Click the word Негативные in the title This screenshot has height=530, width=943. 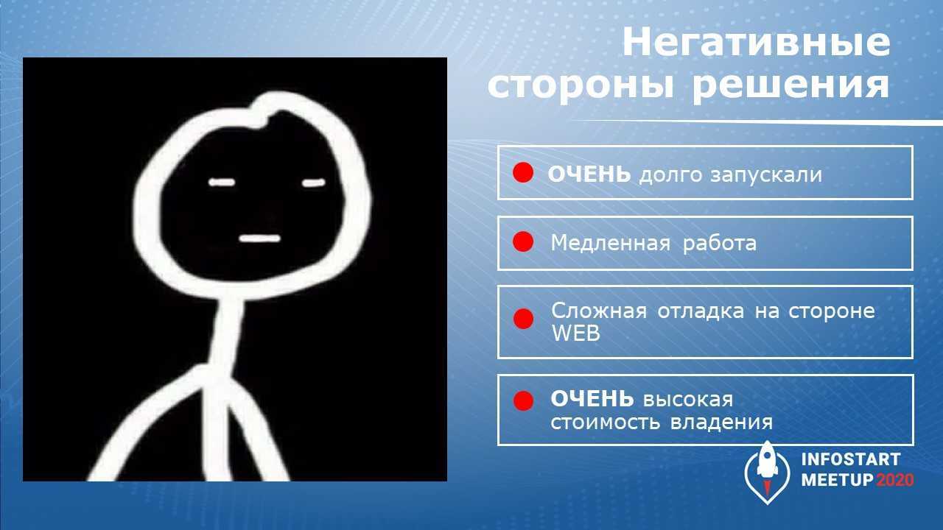tap(756, 43)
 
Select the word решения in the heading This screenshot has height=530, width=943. tap(791, 85)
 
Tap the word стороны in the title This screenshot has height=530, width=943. tap(581, 85)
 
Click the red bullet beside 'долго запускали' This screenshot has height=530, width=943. tap(523, 172)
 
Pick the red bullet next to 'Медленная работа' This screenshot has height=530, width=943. tap(523, 242)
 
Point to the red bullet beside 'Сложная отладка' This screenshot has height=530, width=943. tap(523, 319)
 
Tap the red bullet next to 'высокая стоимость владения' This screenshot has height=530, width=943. tap(523, 400)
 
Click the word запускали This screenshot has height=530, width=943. tap(766, 175)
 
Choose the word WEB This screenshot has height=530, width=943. tap(576, 333)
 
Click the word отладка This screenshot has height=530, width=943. tap(701, 311)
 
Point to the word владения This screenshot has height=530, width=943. tap(721, 423)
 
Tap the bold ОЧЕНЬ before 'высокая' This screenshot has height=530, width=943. tap(592, 399)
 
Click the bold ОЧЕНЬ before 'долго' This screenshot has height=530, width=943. tap(589, 174)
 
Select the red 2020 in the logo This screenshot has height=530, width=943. tap(894, 480)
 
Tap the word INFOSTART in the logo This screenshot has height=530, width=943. tap(850, 459)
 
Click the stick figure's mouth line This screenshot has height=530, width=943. tap(260, 239)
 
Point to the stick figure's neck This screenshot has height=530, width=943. tap(228, 332)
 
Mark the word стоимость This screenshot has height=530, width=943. tap(606, 423)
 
